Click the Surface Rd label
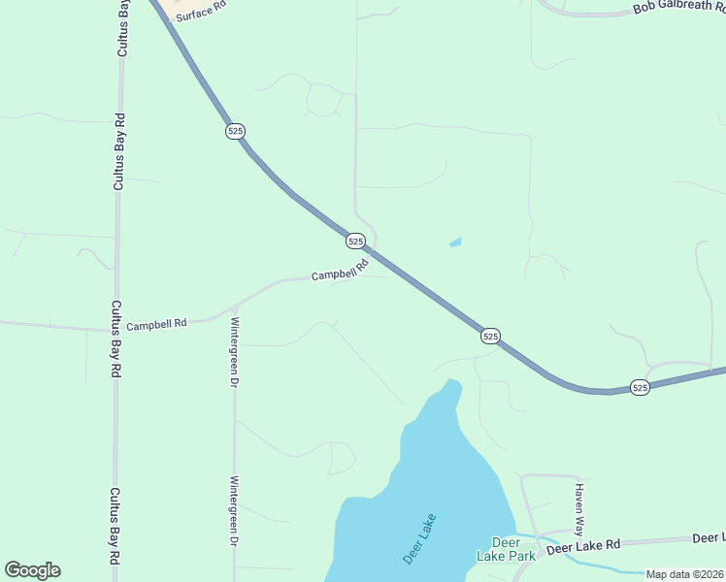click(201, 11)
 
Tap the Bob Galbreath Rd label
click(678, 7)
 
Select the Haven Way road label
click(578, 510)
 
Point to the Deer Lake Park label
click(506, 549)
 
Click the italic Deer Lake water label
click(420, 539)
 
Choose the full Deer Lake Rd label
click(582, 548)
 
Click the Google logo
click(32, 570)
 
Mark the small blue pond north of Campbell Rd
click(455, 242)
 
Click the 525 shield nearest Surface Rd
click(236, 131)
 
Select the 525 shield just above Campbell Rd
click(355, 241)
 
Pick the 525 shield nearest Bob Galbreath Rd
click(640, 387)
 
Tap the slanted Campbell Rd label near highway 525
click(340, 269)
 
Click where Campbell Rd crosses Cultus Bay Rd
click(116, 330)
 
